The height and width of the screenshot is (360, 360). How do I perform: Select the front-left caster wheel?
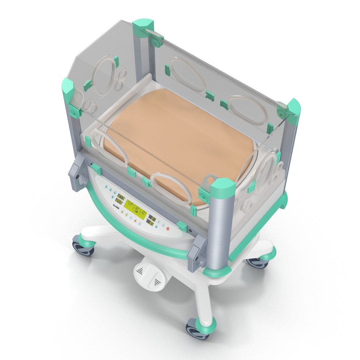[x=83, y=247]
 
